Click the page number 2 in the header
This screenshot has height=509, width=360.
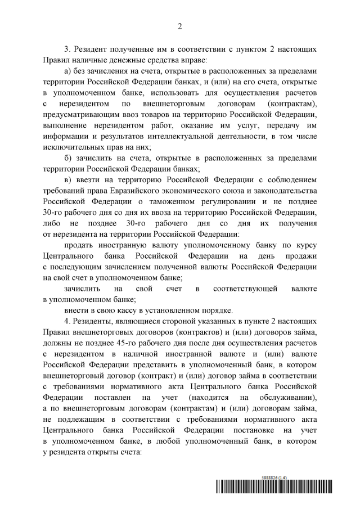click(180, 26)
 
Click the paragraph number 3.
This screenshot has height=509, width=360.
click(67, 49)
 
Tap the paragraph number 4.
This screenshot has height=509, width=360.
click(67, 321)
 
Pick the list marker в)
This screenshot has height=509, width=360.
click(69, 179)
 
